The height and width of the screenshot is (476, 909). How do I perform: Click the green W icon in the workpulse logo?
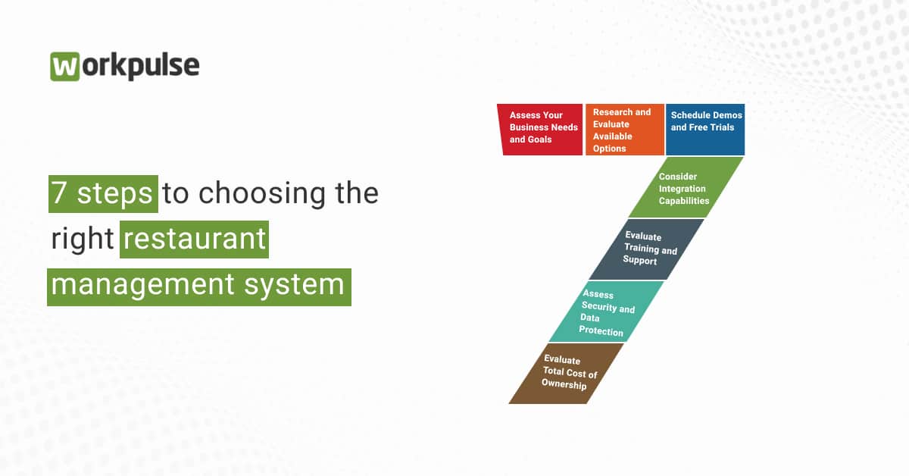click(65, 67)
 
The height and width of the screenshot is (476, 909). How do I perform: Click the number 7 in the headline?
click(60, 193)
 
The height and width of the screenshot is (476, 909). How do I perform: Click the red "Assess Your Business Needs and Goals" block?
click(541, 130)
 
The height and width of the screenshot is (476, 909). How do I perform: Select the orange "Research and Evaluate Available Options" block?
click(624, 130)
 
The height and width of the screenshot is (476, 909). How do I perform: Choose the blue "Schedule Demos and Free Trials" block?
click(705, 130)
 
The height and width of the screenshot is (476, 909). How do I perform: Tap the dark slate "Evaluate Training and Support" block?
click(648, 249)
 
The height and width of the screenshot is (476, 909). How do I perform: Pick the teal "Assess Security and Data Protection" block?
click(607, 312)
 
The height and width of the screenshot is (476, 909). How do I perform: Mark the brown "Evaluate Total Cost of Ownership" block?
click(567, 373)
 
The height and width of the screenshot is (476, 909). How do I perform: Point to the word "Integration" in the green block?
click(682, 189)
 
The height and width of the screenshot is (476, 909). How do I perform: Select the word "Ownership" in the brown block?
click(564, 384)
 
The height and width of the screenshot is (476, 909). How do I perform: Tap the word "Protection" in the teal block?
click(601, 331)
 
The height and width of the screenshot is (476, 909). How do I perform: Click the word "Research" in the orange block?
click(613, 112)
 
